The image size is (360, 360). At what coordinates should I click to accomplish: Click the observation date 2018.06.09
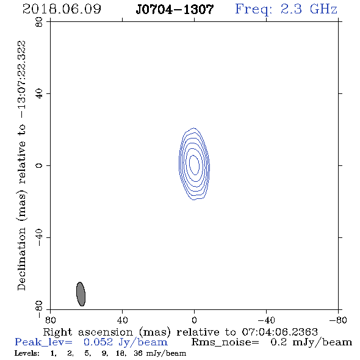62,9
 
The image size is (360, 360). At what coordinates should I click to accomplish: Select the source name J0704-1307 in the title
175,9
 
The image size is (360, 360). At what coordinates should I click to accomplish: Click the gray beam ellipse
81,294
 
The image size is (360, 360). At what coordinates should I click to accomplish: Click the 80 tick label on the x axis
50,320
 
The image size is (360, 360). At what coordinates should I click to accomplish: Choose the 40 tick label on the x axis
122,320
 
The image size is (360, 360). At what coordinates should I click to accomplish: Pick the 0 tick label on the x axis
194,320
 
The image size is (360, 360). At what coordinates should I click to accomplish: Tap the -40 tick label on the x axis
266,320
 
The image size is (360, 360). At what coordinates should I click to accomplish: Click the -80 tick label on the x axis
338,320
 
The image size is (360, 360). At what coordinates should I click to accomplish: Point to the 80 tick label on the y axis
39,22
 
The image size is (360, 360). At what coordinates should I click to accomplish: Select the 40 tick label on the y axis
39,94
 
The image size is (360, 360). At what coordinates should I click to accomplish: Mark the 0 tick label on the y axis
39,165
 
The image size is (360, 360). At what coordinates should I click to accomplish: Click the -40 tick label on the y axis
39,237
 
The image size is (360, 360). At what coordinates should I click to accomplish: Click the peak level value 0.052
98,342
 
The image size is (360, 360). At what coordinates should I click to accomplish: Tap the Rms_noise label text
225,342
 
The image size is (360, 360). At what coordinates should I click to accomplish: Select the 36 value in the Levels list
138,353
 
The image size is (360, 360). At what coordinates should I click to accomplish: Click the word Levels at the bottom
27,353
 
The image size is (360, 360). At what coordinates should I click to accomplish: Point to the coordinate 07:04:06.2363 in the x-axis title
279,332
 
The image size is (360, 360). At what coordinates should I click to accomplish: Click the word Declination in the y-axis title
21,259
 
